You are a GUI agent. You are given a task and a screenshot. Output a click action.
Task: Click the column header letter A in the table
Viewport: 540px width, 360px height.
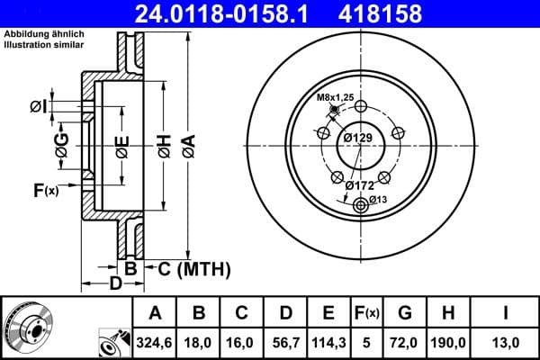tap(155, 313)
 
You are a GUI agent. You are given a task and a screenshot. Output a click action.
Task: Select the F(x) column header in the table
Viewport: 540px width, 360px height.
tap(367, 313)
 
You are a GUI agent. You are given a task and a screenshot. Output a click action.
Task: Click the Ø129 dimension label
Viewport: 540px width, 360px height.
tap(358, 137)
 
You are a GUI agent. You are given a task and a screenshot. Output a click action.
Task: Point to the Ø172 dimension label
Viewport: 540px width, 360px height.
tap(360, 185)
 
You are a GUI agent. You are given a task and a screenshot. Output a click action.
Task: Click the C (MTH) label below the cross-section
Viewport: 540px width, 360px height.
tap(188, 268)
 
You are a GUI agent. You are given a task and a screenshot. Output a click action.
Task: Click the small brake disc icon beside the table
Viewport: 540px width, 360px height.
tap(28, 328)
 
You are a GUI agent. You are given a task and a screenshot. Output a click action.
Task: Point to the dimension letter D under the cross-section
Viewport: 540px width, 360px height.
tap(114, 285)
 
